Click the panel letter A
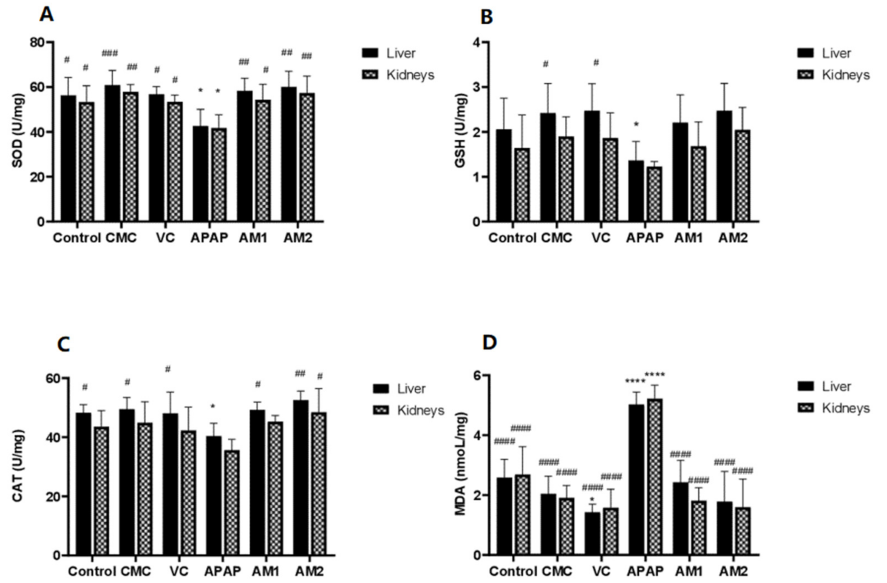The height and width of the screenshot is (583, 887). [46, 14]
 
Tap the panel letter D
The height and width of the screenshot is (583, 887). [489, 342]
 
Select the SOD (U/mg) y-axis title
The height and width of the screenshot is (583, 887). [18, 130]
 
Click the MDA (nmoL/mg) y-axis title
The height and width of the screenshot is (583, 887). [461, 464]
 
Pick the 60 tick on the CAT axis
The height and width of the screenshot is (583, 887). [53, 378]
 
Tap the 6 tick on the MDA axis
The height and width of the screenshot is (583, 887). [477, 375]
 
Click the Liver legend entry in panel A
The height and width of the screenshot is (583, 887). [400, 53]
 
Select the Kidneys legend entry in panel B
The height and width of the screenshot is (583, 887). [845, 75]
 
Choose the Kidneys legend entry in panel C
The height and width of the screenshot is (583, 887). [420, 410]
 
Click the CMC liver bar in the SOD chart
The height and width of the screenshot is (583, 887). [112, 153]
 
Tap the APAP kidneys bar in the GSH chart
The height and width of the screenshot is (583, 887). [653, 194]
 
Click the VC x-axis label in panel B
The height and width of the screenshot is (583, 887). [600, 238]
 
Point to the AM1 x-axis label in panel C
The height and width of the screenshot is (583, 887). [265, 571]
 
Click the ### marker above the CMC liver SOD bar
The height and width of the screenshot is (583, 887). [110, 54]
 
